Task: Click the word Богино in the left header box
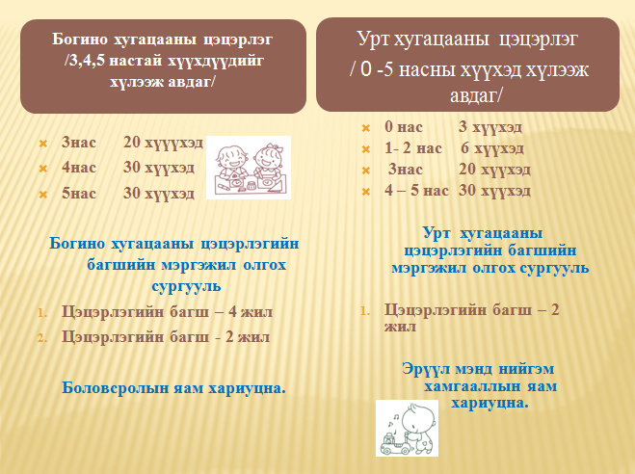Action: click(80, 39)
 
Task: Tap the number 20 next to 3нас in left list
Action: click(132, 143)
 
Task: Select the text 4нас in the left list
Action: click(79, 168)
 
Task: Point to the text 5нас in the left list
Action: click(79, 194)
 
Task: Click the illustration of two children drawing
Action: click(249, 168)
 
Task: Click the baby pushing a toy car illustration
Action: click(407, 429)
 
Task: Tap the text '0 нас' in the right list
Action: click(404, 127)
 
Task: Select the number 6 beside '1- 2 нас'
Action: click(464, 148)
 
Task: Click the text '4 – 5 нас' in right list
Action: click(416, 191)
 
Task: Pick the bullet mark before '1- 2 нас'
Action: click(366, 149)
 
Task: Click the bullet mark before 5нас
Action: click(43, 195)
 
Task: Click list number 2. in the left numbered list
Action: click(42, 338)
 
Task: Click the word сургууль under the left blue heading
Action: click(187, 286)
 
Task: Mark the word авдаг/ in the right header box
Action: click(475, 95)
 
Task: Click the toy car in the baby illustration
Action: click(395, 444)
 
